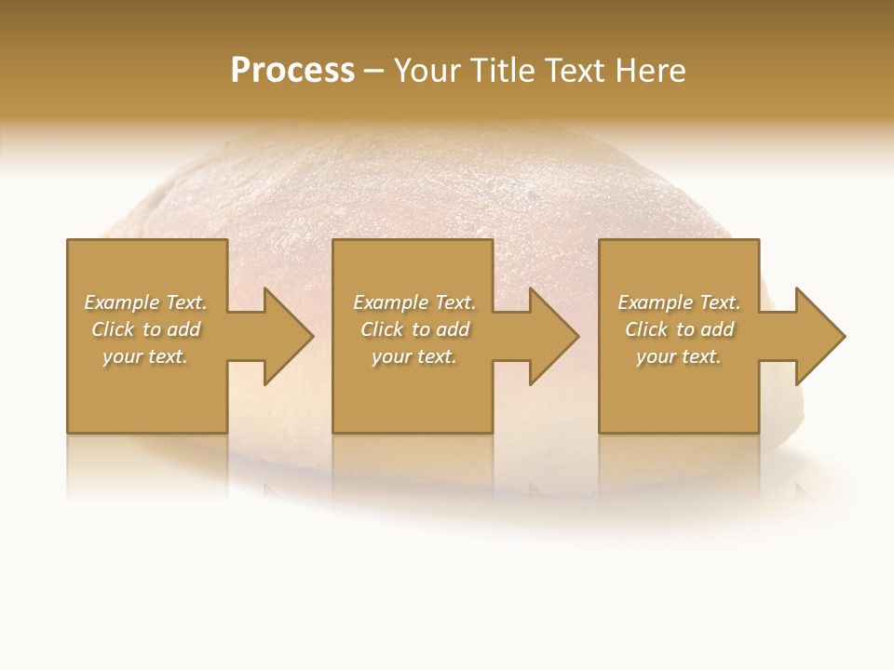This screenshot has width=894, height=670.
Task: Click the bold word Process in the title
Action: [292, 71]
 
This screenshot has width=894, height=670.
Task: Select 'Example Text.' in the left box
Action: [146, 302]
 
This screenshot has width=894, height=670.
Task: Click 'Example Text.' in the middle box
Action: [414, 302]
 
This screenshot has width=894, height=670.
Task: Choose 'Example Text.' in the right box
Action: [679, 302]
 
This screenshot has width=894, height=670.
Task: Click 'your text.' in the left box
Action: [145, 356]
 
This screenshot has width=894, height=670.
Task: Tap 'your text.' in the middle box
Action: [413, 356]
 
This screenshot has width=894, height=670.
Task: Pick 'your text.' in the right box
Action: [678, 356]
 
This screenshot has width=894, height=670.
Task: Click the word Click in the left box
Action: [114, 329]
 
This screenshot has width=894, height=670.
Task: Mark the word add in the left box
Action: [184, 329]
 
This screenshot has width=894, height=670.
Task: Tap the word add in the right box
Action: [718, 329]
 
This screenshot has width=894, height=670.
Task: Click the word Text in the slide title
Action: [576, 71]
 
